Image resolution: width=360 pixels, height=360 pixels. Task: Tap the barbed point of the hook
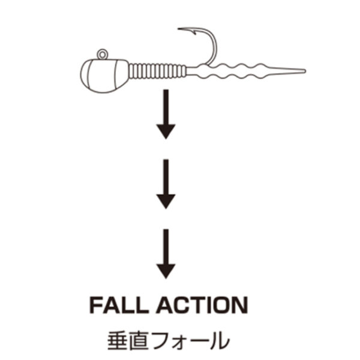click(x=179, y=29)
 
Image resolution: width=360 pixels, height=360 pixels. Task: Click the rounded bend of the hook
click(x=214, y=46)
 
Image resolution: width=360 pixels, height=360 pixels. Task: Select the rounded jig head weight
click(x=104, y=76)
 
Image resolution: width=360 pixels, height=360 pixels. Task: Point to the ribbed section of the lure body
click(x=157, y=71)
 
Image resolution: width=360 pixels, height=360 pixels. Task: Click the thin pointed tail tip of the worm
click(x=304, y=71)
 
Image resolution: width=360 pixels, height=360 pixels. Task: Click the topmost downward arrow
click(x=166, y=114)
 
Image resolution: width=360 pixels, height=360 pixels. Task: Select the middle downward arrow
click(x=166, y=184)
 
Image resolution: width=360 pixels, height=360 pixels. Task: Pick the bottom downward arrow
click(x=166, y=254)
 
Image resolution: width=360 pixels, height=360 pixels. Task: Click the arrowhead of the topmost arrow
click(x=166, y=131)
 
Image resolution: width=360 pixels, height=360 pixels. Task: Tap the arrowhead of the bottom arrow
click(x=166, y=271)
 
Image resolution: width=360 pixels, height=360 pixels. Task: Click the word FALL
click(x=119, y=305)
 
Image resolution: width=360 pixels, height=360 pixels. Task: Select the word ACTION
click(x=203, y=305)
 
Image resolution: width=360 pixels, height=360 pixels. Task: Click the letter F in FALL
click(x=96, y=305)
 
